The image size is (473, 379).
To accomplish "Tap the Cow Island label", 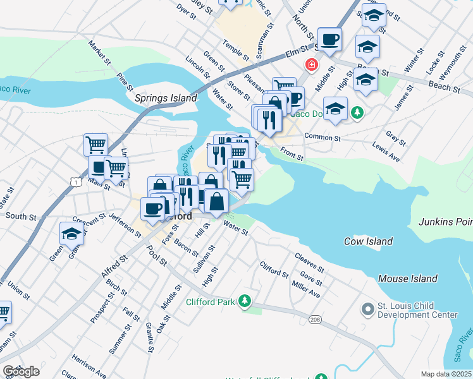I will [x=369, y=241].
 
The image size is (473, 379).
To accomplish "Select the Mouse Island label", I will [x=407, y=279].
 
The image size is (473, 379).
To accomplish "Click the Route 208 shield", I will [x=314, y=320].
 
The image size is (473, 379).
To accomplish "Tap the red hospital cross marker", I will [x=310, y=64].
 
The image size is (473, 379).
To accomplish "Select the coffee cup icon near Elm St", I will [x=329, y=40].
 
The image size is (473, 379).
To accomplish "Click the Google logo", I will [x=21, y=371].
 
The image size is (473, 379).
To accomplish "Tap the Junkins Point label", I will [x=445, y=222].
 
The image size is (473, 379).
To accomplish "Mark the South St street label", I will [x=21, y=217].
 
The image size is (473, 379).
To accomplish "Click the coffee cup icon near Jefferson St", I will [x=152, y=208].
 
